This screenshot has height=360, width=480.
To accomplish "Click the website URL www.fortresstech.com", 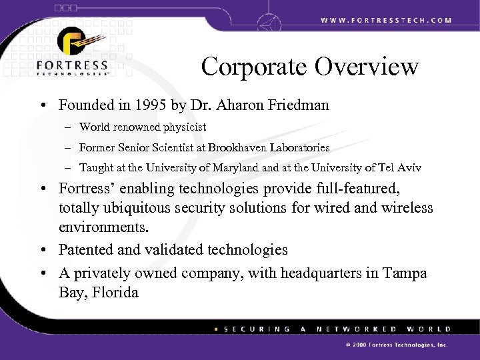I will pos(386,20).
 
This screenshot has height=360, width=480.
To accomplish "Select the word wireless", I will pos(405,209).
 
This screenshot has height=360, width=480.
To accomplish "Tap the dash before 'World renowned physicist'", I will pos(69,127).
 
